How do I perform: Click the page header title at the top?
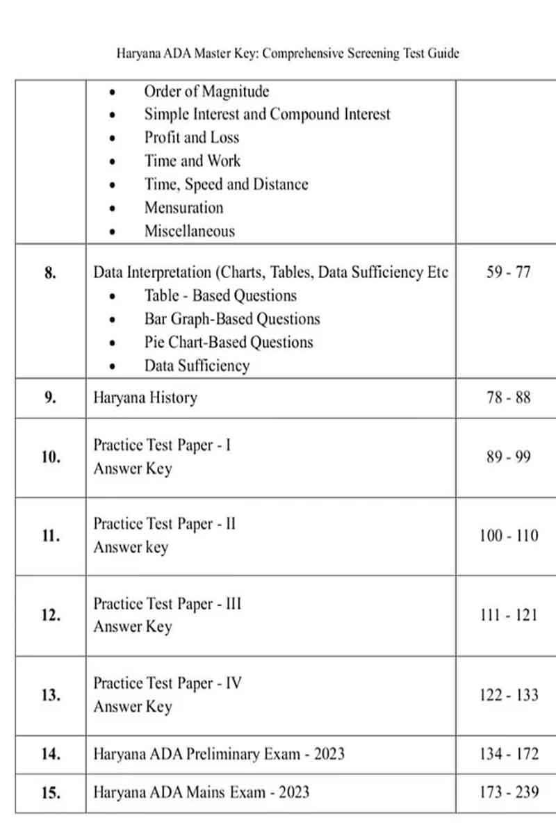pyautogui.click(x=288, y=54)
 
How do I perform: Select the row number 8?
pyautogui.click(x=50, y=272)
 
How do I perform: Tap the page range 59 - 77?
pyautogui.click(x=508, y=272)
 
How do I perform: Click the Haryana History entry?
pyautogui.click(x=145, y=398)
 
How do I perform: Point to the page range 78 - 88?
pyautogui.click(x=508, y=398)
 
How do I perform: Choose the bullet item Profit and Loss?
pyautogui.click(x=191, y=138)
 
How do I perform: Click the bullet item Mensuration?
pyautogui.click(x=183, y=208)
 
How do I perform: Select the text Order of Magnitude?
pyautogui.click(x=206, y=92)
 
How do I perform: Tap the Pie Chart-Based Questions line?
pyautogui.click(x=229, y=343)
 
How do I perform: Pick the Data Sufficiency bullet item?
pyautogui.click(x=197, y=366)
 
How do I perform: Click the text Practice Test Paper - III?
pyautogui.click(x=167, y=604)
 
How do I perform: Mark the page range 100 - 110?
pyautogui.click(x=508, y=536)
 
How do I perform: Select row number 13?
pyautogui.click(x=50, y=695)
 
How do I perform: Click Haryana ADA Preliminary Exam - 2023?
pyautogui.click(x=219, y=754)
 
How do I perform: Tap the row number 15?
pyautogui.click(x=50, y=792)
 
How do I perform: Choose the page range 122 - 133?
pyautogui.click(x=508, y=695)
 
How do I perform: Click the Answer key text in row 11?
pyautogui.click(x=131, y=548)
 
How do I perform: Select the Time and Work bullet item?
pyautogui.click(x=193, y=161)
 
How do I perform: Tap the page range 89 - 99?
pyautogui.click(x=508, y=457)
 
